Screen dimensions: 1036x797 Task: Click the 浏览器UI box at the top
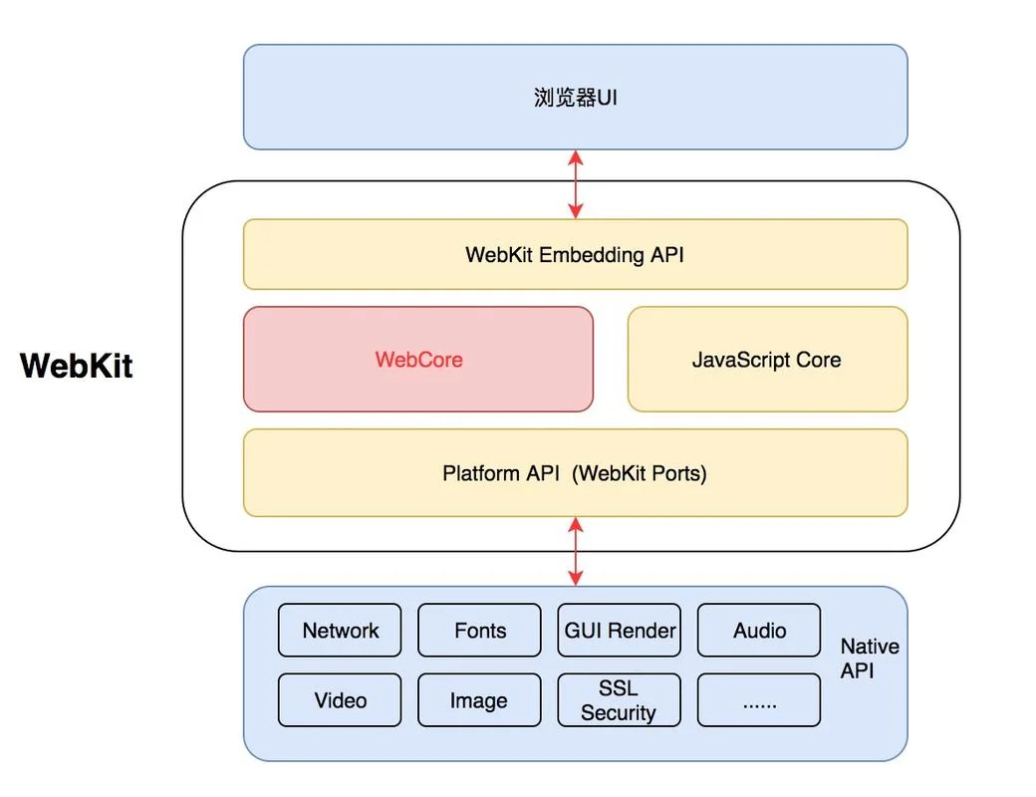575,98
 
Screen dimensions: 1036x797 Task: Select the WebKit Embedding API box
575,254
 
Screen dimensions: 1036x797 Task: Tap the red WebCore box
418,359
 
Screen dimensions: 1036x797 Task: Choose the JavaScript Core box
767,359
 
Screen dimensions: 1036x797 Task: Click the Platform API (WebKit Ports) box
575,472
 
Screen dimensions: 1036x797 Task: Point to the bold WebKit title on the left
77,366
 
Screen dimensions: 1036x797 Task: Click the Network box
340,630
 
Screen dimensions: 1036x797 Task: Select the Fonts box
480,630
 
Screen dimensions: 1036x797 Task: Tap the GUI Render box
619,630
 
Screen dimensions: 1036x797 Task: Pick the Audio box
759,630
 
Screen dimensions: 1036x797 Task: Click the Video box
340,699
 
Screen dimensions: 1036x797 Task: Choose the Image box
480,699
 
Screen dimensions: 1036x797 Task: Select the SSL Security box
619,699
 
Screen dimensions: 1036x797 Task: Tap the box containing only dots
759,699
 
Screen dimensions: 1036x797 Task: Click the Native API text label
870,659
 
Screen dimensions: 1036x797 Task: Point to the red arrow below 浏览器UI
576,184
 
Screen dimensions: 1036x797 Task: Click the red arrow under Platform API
576,551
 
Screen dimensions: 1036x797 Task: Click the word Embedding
592,255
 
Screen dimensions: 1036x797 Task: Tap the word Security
619,712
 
